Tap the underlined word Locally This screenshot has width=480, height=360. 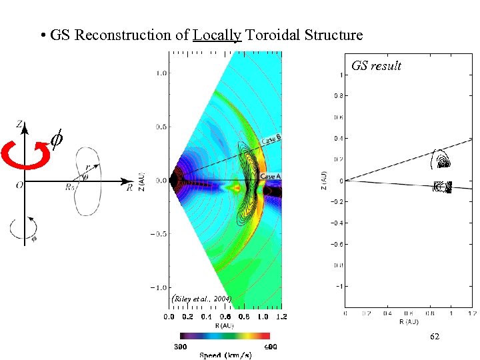[217, 35]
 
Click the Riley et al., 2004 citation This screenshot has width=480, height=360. [201, 299]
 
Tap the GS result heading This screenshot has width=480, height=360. [377, 65]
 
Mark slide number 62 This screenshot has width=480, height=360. [434, 337]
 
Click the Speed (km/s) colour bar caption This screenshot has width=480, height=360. [225, 355]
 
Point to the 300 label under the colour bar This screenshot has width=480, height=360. [180, 346]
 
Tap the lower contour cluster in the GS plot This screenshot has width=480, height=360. [442, 187]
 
